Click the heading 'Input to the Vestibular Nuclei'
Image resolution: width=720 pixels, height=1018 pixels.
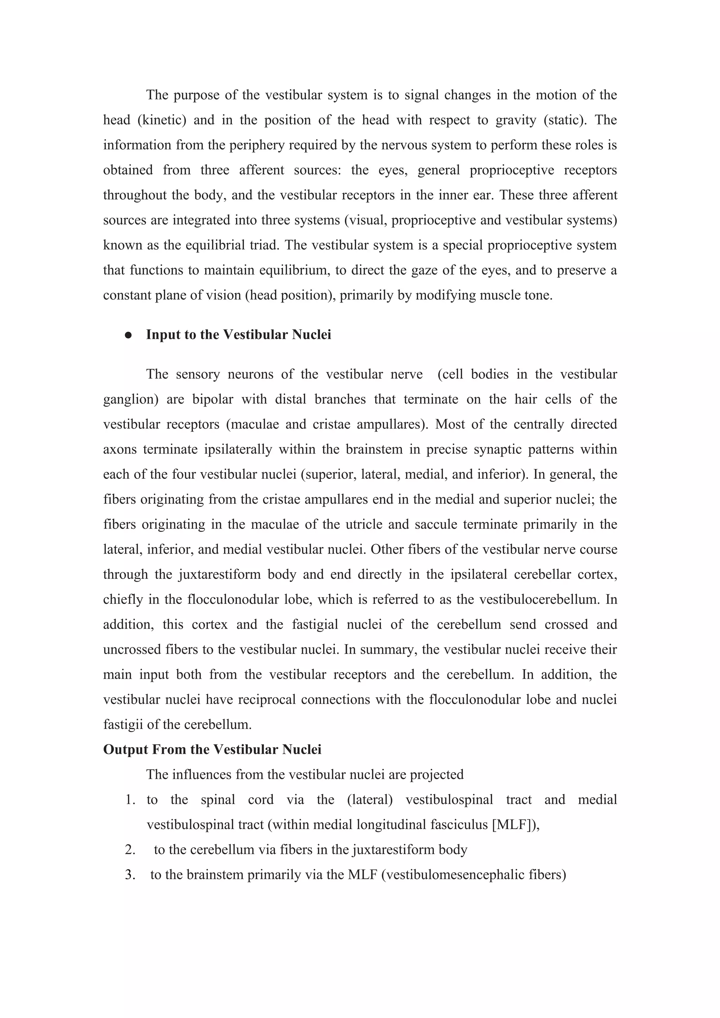(239, 335)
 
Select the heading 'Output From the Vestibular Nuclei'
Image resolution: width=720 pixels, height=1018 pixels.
(212, 750)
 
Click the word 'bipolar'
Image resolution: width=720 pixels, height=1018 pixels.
(212, 399)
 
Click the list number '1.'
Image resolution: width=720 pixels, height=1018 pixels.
(130, 800)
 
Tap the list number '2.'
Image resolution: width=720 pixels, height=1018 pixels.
(130, 850)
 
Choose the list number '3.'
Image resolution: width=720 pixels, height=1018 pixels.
(130, 875)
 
